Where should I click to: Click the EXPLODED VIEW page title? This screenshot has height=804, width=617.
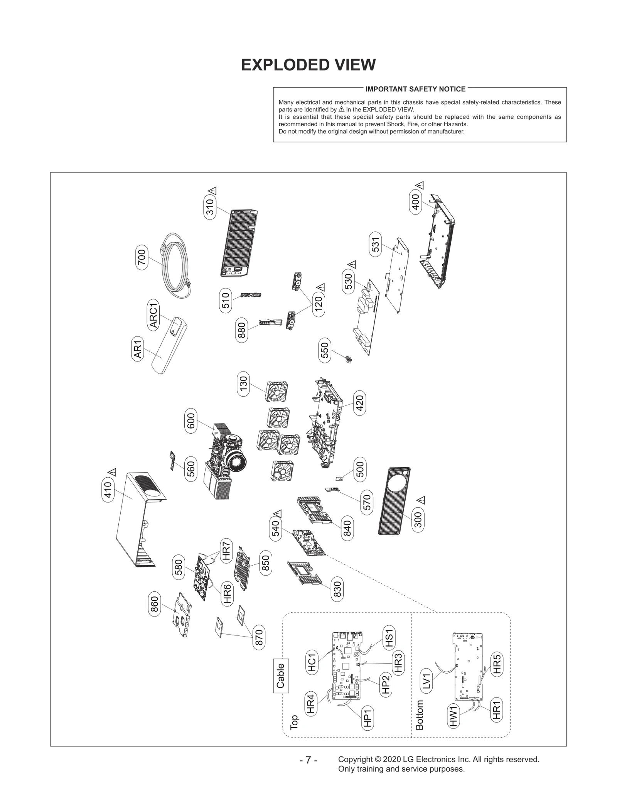click(x=308, y=65)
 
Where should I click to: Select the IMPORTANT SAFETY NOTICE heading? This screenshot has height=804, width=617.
click(x=415, y=89)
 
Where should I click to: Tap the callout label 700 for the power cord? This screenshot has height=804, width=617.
click(x=142, y=257)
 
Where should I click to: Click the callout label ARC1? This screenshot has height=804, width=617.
click(x=153, y=315)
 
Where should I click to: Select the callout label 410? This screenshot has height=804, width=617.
click(x=108, y=490)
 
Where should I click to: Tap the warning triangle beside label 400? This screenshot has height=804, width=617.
click(x=420, y=185)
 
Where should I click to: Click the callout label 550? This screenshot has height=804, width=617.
click(x=325, y=350)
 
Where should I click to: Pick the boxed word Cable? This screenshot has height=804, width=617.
click(x=281, y=676)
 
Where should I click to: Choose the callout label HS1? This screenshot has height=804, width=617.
click(x=389, y=638)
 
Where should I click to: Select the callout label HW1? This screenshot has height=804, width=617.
click(x=454, y=716)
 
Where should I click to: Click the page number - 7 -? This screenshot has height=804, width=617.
click(x=308, y=760)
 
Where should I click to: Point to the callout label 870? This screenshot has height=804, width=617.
click(x=259, y=637)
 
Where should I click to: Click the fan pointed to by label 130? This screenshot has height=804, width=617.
click(x=277, y=391)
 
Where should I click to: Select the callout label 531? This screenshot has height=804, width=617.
click(x=375, y=244)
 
